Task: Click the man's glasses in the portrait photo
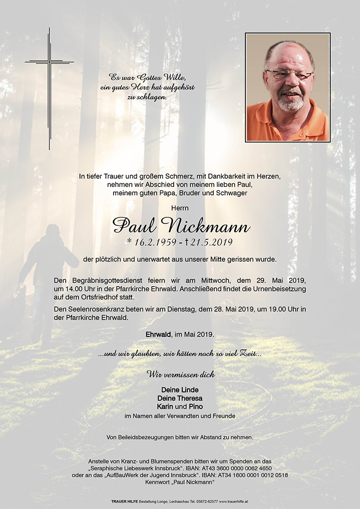(289, 75)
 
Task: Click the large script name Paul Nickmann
(181, 224)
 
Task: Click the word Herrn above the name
(181, 208)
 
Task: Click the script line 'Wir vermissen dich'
(181, 374)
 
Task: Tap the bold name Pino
(195, 406)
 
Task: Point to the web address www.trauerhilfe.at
(234, 501)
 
